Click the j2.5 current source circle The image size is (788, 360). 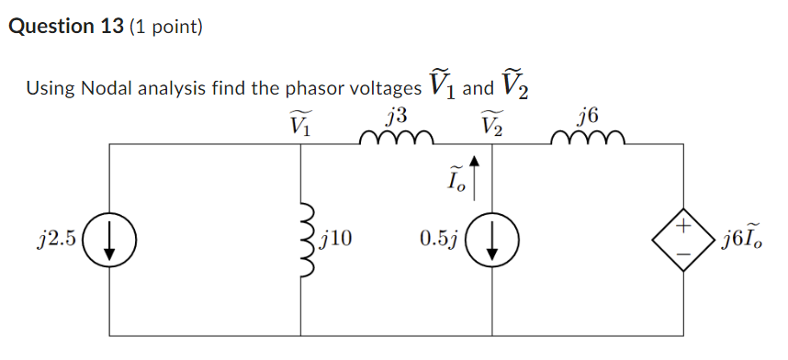tap(109, 241)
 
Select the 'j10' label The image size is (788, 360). tap(336, 241)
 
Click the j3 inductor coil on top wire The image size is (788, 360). tap(397, 140)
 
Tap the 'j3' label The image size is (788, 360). tap(397, 118)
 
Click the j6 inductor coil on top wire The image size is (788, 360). tap(589, 140)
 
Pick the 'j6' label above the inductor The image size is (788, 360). tap(589, 118)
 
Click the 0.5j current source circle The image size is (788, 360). tap(492, 241)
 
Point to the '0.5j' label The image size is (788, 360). tap(438, 241)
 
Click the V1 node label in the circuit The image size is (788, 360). tap(301, 123)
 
